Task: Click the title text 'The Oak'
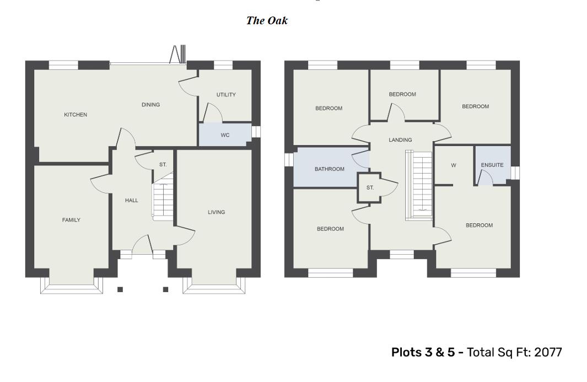point(267,21)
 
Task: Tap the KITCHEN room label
point(76,115)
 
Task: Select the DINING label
point(150,105)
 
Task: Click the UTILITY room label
point(226,95)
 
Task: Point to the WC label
point(225,135)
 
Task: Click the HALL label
point(131,201)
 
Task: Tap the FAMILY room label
point(71,220)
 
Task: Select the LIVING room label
point(216,212)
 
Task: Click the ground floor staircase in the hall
point(163,198)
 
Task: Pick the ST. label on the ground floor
point(163,165)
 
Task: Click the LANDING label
point(400,140)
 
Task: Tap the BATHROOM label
point(330,169)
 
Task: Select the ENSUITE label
point(492,165)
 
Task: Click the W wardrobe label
point(454,165)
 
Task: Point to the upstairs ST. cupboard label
point(370,188)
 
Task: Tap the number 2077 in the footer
point(548,352)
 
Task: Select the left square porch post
point(120,289)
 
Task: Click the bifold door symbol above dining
point(179,55)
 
